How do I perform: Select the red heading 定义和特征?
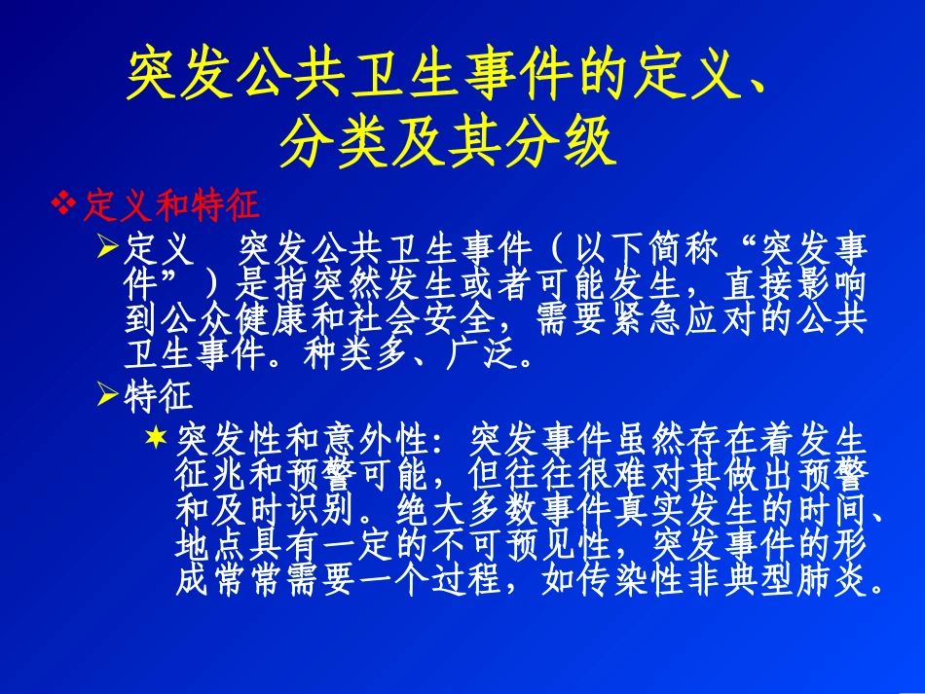[x=170, y=204]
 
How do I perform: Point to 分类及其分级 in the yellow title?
[x=448, y=142]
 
